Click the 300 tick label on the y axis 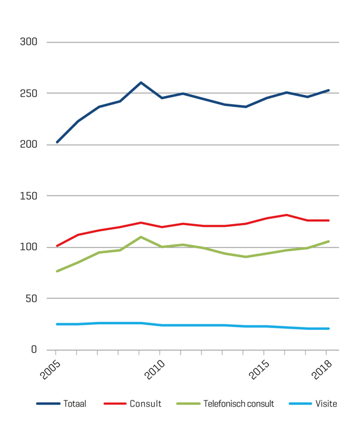coord(29,42)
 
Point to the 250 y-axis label coord(29,93)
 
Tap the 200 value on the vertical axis coord(29,144)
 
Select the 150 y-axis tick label coord(29,196)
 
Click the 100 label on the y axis coord(29,247)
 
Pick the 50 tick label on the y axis coord(31,299)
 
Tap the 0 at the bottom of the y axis coord(34,350)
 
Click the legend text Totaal coord(75,404)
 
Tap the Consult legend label coord(145,404)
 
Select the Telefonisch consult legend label coord(239,404)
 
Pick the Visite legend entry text coord(326,404)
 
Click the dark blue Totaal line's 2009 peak coord(141,83)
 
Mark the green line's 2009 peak coord(141,237)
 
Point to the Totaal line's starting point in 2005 coord(57,142)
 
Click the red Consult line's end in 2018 coord(329,221)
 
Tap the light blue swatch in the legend coord(300,404)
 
